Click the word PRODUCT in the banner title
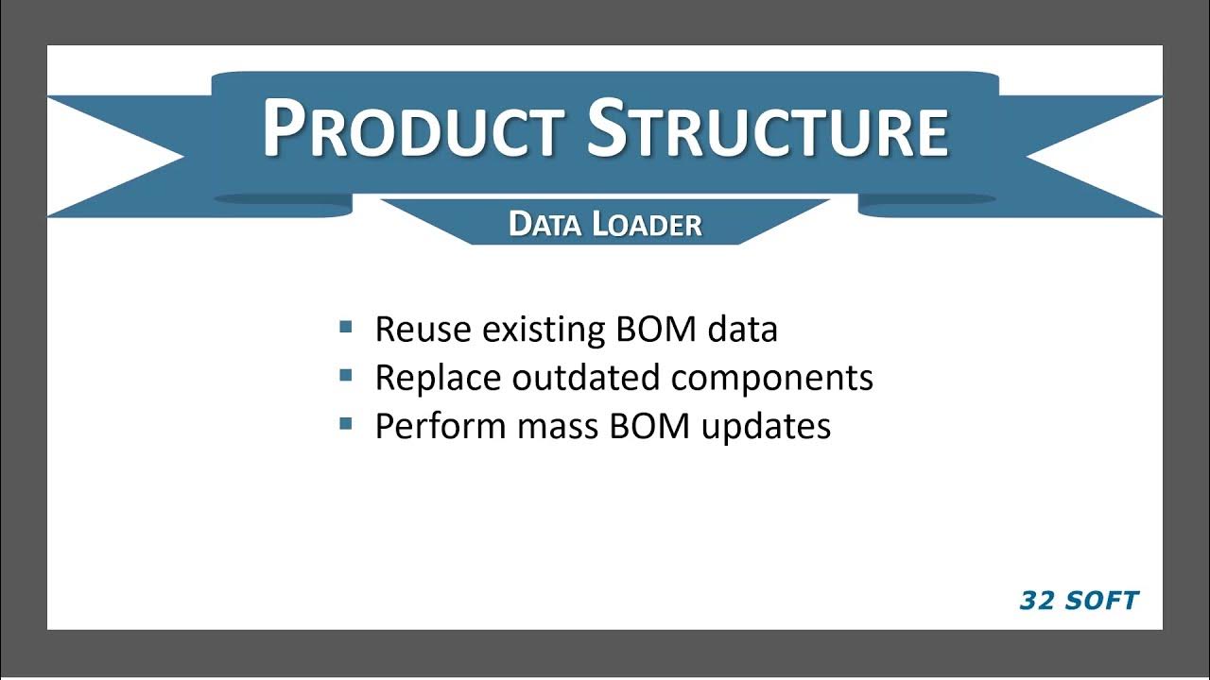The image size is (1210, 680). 413,129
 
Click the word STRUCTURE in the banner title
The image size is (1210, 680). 768,129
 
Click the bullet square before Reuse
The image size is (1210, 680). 345,328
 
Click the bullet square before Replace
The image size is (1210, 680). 345,376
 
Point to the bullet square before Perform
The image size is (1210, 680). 345,424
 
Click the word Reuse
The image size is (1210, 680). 423,329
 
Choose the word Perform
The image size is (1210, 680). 441,426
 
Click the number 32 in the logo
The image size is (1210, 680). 1037,601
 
